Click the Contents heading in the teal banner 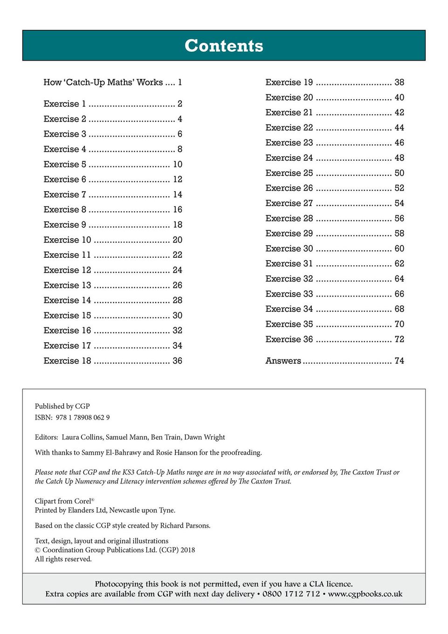pos(224,46)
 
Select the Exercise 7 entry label pos(65,194)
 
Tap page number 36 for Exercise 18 pos(177,361)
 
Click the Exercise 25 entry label pos(289,173)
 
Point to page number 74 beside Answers pos(399,361)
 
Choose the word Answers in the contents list pos(283,361)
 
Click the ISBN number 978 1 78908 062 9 pos(83,418)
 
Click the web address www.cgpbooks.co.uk pos(365,594)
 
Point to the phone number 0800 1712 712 pos(291,594)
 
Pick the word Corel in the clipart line pos(83,501)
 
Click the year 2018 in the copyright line pos(188,550)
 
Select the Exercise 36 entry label pos(289,339)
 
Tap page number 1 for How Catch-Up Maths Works pos(180,83)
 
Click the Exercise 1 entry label pos(65,104)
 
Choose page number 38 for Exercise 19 pos(399,83)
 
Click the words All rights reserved pos(63,559)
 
